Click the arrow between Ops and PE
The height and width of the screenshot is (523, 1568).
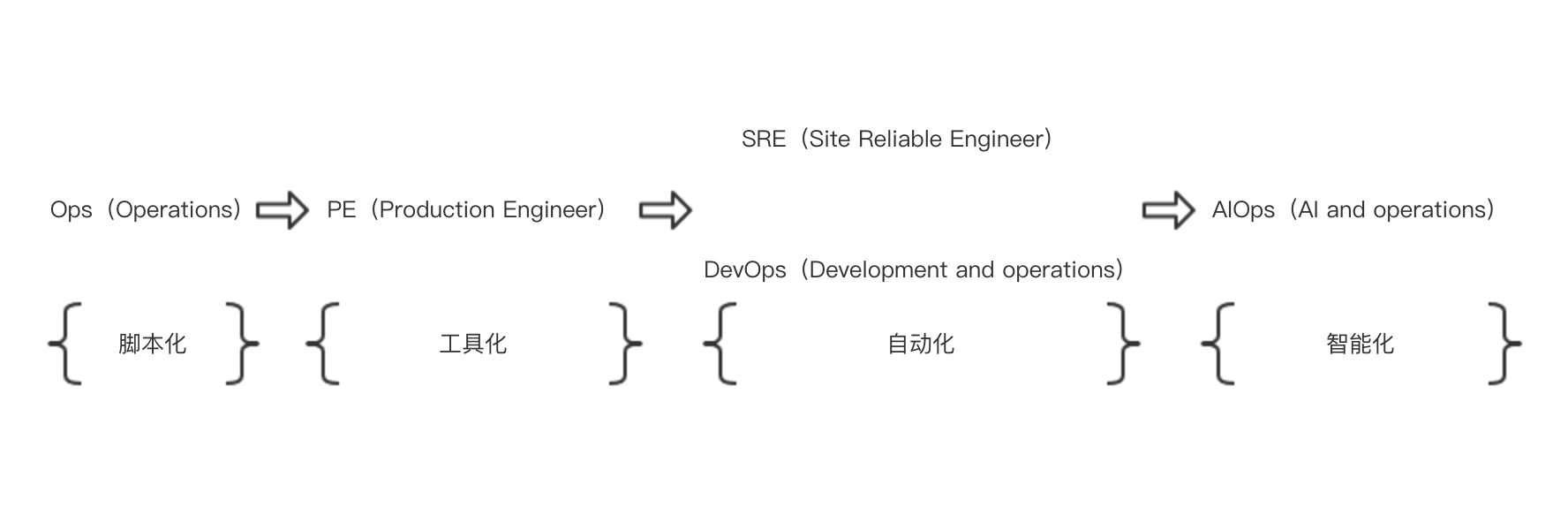(283, 210)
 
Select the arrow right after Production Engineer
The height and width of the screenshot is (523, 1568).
(666, 210)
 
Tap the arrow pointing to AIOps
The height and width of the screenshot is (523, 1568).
(1169, 210)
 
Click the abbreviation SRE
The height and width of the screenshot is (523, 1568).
(764, 140)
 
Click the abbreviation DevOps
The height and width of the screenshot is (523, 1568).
(744, 270)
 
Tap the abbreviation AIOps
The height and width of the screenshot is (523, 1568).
(1243, 210)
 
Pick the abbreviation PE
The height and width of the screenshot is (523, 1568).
(341, 210)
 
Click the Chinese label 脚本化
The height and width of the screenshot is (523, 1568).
(152, 344)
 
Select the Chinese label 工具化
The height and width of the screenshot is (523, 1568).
(473, 344)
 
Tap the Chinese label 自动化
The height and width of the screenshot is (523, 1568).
(921, 344)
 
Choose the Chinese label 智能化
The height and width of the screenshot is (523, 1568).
(1360, 344)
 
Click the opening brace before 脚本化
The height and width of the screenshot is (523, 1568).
(65, 344)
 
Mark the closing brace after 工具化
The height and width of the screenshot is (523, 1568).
(625, 344)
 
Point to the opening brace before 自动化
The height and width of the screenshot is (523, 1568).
(720, 344)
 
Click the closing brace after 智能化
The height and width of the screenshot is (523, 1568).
(1504, 344)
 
